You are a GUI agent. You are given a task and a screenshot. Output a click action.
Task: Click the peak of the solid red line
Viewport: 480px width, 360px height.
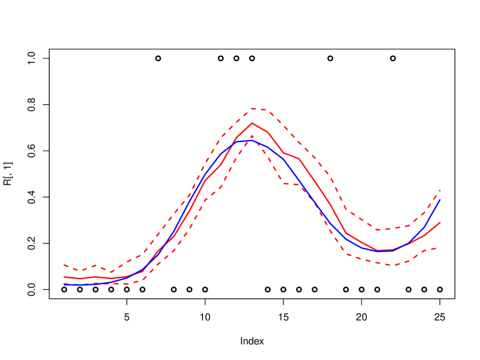[x=252, y=123]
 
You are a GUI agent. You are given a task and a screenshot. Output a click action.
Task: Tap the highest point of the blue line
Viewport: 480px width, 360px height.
[x=249, y=140]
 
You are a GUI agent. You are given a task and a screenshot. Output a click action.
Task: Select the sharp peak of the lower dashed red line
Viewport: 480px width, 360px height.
[x=252, y=136]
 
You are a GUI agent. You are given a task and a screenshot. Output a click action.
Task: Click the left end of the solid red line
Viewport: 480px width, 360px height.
[x=64, y=277]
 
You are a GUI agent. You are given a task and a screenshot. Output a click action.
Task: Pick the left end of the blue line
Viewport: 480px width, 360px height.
[x=64, y=284]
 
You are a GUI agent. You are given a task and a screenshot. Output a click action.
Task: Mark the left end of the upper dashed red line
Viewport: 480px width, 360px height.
[x=64, y=265]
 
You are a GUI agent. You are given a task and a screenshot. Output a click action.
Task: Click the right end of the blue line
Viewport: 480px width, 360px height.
[x=441, y=199]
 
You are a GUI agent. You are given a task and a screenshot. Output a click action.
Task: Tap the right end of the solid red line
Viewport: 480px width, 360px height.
[x=441, y=222]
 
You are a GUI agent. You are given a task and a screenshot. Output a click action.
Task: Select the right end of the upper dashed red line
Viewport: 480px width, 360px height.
[x=441, y=190]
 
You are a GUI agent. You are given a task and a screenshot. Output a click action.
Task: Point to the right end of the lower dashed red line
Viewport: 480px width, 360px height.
[x=435, y=247]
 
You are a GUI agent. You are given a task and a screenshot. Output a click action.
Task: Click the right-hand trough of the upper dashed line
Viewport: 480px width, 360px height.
[x=378, y=230]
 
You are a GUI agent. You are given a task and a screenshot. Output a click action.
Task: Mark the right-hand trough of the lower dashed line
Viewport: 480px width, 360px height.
[x=393, y=265]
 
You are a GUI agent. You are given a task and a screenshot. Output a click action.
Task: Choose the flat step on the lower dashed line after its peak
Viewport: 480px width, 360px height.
[x=292, y=184]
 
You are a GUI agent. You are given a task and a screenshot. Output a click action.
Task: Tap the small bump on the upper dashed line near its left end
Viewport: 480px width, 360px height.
[x=95, y=265]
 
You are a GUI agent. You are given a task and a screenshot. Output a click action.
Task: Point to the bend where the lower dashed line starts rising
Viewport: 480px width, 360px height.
[x=142, y=280]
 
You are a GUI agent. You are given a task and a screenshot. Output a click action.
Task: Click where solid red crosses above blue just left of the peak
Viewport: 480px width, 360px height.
[x=234, y=142]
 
